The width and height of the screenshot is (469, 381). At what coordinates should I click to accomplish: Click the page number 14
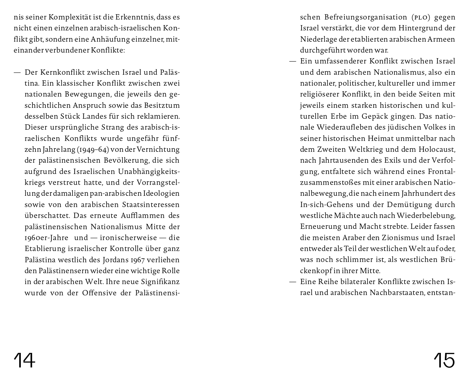pyautogui.click(x=24, y=360)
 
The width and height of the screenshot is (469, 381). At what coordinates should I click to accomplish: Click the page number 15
pyautogui.click(x=444, y=360)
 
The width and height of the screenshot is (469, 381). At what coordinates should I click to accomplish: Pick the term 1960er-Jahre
pyautogui.click(x=46, y=238)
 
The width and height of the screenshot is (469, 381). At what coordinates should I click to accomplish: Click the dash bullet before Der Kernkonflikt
pyautogui.click(x=17, y=72)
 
